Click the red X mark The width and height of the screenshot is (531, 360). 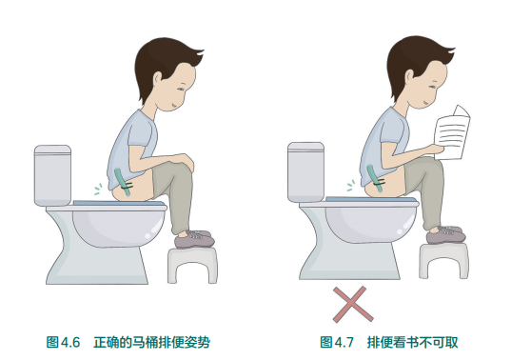[349, 304]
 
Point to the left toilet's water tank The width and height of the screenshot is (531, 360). [53, 173]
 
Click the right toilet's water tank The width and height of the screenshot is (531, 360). [307, 170]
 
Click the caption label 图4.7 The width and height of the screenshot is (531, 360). [336, 341]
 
